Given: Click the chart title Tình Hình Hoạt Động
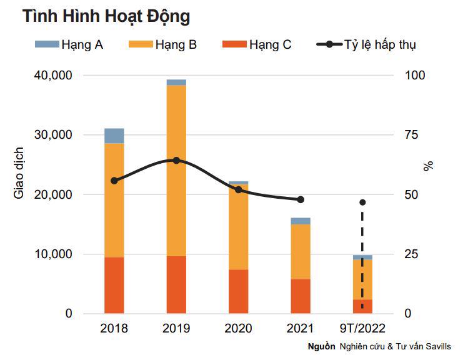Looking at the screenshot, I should click(106, 17).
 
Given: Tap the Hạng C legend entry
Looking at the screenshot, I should click(257, 44).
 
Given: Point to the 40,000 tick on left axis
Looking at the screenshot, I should click(51, 75).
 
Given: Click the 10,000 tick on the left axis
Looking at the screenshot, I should click(51, 254).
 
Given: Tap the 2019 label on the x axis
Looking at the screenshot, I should click(176, 329).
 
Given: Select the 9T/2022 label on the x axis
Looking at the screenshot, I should click(362, 329).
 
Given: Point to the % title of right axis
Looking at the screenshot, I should click(428, 166).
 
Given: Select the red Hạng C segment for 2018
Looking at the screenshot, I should click(114, 285).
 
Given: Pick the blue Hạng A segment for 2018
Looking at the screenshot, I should click(114, 136).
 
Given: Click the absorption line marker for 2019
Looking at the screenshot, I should click(176, 161).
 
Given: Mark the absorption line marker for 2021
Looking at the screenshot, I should click(301, 199).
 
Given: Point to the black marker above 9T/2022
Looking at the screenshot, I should click(362, 202).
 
